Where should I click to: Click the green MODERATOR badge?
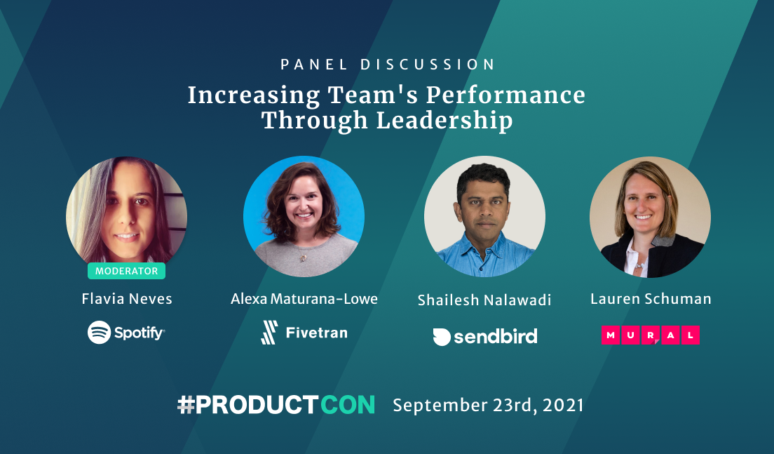[x=126, y=271]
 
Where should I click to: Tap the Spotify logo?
[x=126, y=332]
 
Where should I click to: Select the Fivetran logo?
[x=304, y=333]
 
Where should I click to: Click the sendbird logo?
[x=484, y=336]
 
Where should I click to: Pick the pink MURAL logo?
[x=650, y=335]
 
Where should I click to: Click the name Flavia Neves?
[x=127, y=299]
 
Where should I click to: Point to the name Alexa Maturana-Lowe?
[x=304, y=299]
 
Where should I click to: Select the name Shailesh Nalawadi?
[x=484, y=300]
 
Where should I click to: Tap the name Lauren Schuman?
[x=651, y=299]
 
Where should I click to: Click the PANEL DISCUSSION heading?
[x=388, y=65]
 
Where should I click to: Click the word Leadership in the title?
[x=444, y=121]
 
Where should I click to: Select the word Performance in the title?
[x=505, y=95]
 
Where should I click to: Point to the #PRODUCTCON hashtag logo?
[x=276, y=405]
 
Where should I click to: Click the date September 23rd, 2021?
[x=488, y=405]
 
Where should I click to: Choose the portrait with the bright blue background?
[x=304, y=216]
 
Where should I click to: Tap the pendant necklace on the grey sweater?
[x=303, y=257]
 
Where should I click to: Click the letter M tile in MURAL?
[x=611, y=335]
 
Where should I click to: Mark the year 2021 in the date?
[x=563, y=405]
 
